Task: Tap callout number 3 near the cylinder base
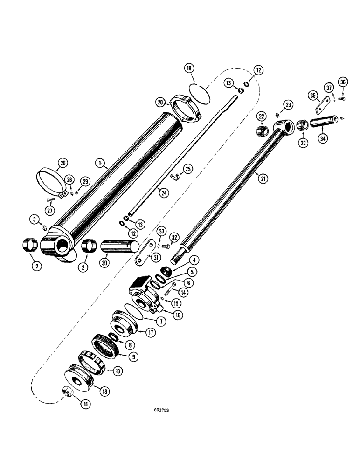click(35, 219)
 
